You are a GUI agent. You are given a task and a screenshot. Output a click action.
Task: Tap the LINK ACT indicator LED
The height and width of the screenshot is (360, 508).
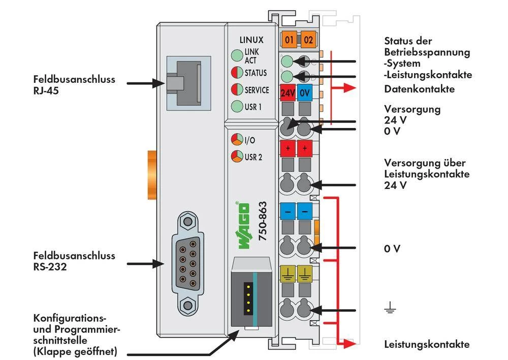coord(237,56)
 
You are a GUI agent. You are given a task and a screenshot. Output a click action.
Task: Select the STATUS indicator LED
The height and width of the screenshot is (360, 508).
coord(237,73)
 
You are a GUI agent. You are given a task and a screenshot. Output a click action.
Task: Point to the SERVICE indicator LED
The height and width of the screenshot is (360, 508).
coord(237,89)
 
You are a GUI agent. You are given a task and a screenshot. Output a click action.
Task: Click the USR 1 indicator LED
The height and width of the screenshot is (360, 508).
coord(237,106)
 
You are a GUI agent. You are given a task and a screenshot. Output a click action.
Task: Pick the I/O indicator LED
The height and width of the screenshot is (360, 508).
coord(237,140)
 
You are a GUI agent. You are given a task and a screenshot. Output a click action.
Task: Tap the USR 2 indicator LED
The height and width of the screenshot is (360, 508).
coord(237,156)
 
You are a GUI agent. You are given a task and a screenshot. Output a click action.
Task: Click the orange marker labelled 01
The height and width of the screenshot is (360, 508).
coord(289,39)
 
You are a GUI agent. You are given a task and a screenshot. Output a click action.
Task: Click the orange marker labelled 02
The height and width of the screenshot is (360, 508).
coord(308,39)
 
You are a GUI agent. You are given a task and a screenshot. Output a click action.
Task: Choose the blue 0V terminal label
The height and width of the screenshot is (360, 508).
coord(304,93)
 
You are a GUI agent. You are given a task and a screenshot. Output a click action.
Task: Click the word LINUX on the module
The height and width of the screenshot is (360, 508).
coord(251,40)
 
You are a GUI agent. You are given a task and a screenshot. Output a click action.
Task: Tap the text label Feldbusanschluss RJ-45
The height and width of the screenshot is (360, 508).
coord(74,85)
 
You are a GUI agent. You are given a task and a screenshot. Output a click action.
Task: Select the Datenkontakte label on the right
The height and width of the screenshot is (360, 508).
coord(419,89)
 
